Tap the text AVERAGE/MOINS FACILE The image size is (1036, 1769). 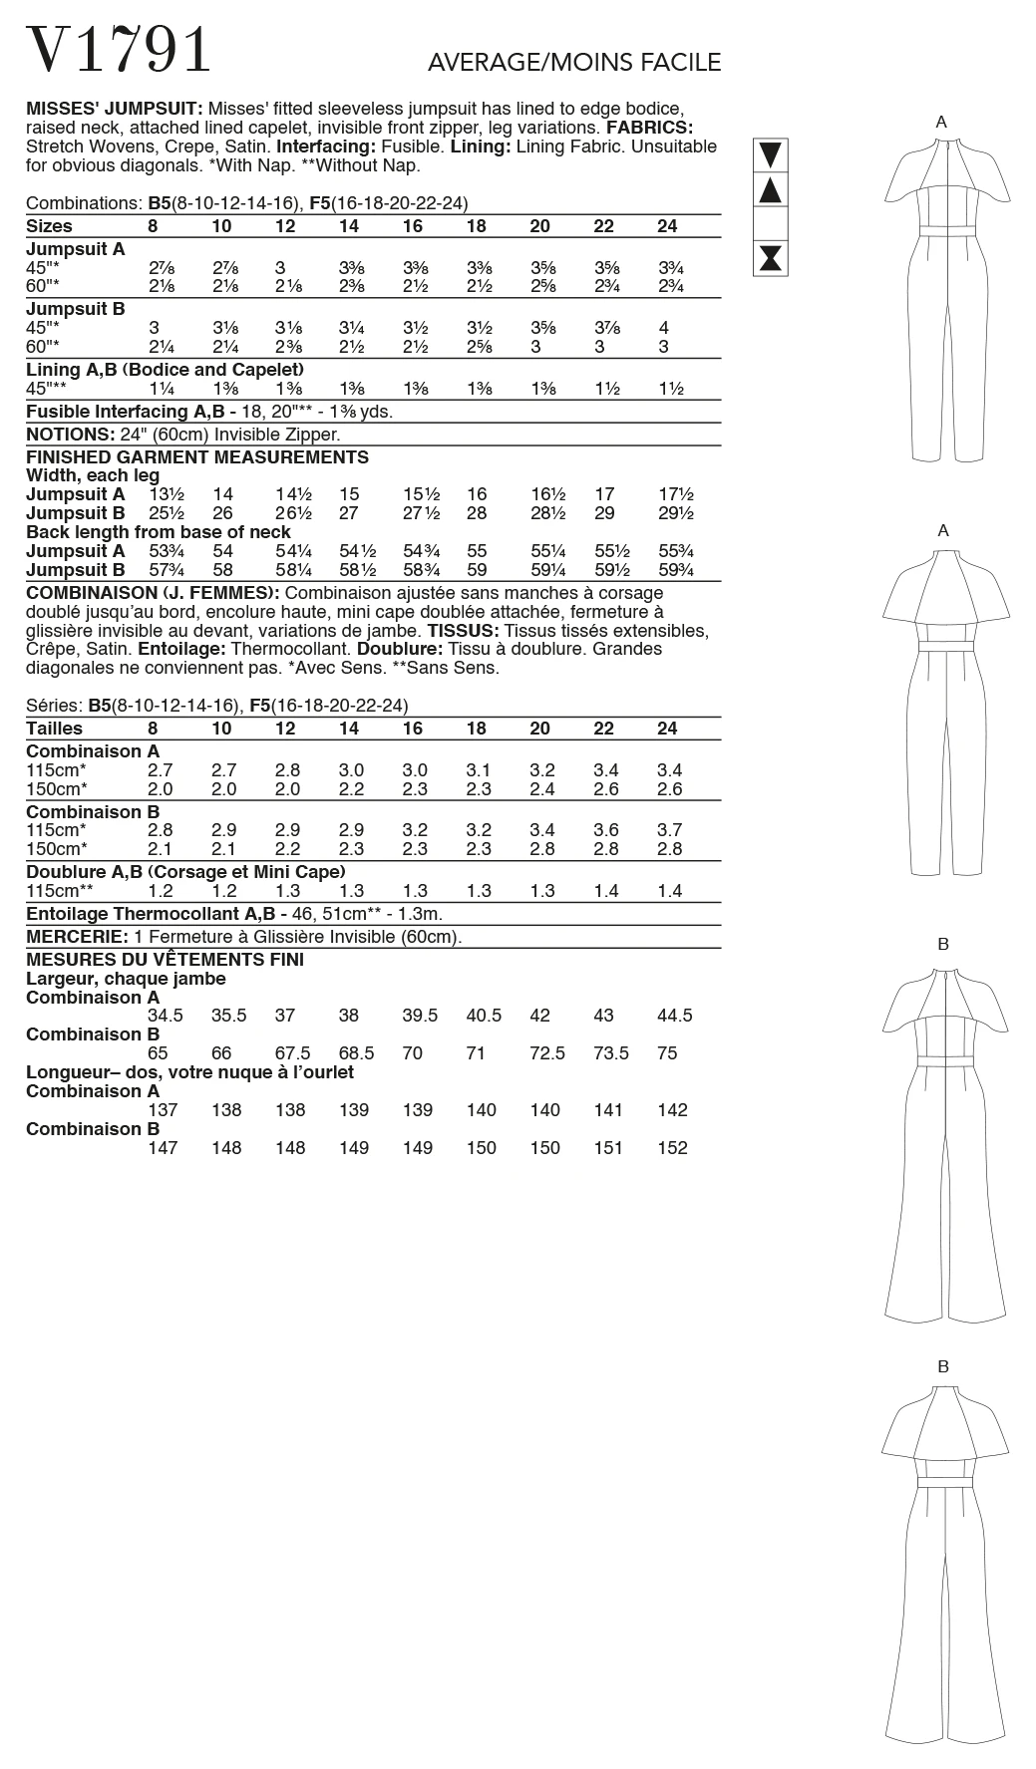coord(573,63)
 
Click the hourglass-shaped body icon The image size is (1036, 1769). coord(771,258)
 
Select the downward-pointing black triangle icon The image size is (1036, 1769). coord(771,154)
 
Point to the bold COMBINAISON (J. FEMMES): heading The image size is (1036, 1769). coord(148,593)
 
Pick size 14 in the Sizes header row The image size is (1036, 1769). coord(349,226)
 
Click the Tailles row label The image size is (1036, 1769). coord(54,729)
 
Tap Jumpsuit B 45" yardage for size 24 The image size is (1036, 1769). coord(664,328)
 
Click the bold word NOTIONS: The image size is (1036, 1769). coord(69,435)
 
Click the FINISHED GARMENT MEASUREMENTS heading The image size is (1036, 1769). coord(196,457)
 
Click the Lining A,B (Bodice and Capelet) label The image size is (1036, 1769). coord(165,370)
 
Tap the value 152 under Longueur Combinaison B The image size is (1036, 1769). coord(673,1148)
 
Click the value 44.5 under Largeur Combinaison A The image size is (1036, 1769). coord(675,1017)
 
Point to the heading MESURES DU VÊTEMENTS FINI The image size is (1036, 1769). coord(165,960)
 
